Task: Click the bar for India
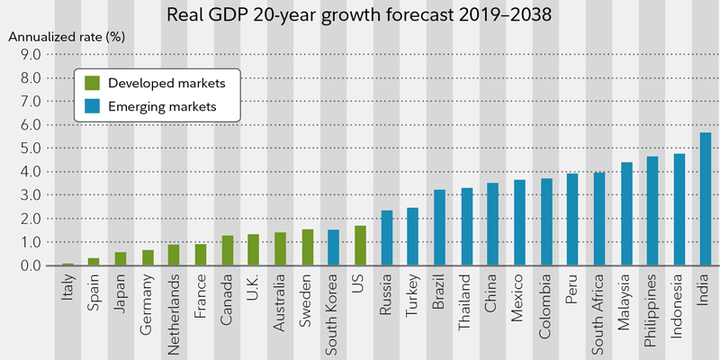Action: pos(706,200)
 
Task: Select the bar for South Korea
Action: pos(333,247)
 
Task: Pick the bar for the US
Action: pos(360,246)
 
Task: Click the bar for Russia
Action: pos(386,238)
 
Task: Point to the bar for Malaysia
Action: pos(625,214)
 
